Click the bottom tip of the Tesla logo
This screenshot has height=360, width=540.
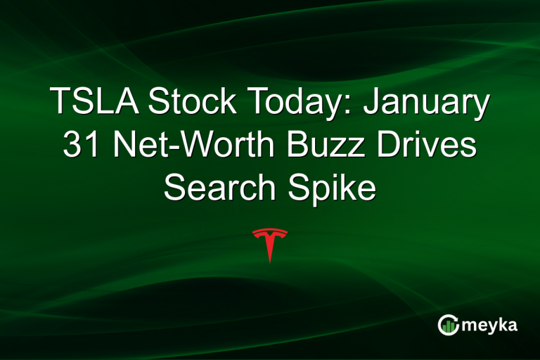click(270, 262)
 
